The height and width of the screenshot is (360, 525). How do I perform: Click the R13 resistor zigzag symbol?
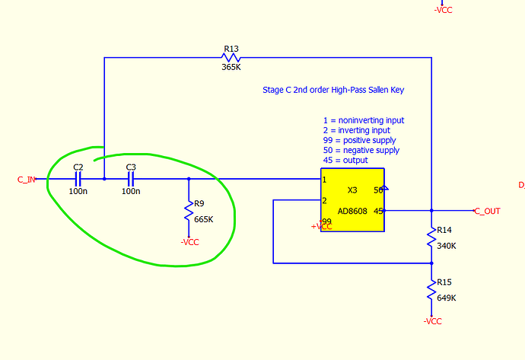(x=231, y=58)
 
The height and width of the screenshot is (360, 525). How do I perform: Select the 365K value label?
(x=231, y=67)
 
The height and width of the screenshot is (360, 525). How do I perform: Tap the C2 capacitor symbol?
(x=78, y=180)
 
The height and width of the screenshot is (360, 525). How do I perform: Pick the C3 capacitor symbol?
(x=130, y=180)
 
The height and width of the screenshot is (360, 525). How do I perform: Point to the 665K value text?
(x=204, y=219)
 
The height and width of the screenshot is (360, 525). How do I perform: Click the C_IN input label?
(x=27, y=180)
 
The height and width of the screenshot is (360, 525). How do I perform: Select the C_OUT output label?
(x=487, y=211)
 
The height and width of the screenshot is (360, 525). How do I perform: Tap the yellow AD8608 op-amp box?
(x=352, y=199)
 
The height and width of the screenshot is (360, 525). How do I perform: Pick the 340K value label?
(x=446, y=245)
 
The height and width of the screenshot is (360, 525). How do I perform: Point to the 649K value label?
(x=446, y=298)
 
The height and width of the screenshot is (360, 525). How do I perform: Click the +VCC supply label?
(x=321, y=227)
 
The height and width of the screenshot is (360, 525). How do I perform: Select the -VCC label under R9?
(x=189, y=242)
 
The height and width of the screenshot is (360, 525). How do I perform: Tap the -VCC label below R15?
(x=431, y=321)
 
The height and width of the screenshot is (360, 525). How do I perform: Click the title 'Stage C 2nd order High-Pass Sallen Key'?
(x=333, y=90)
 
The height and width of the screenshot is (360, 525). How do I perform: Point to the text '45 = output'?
(x=345, y=160)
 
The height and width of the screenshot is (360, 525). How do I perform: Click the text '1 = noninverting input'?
(x=363, y=120)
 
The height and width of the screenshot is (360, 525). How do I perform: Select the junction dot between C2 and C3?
(x=104, y=180)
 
